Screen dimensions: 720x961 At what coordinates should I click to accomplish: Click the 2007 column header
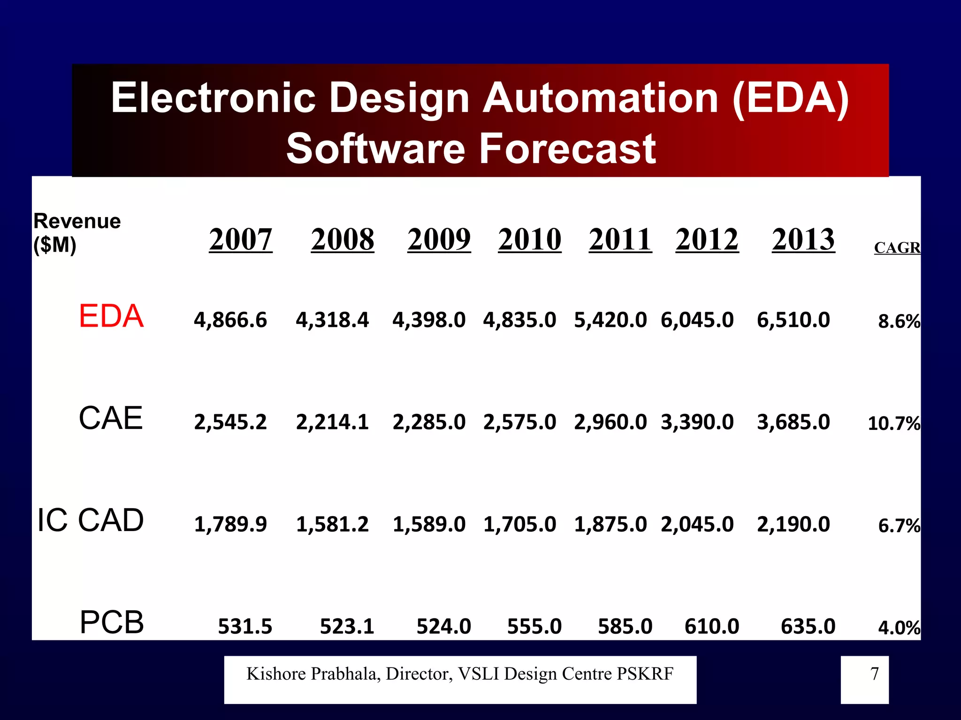240,240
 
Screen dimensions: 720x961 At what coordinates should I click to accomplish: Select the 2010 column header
529,240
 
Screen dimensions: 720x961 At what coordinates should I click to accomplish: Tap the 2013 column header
803,240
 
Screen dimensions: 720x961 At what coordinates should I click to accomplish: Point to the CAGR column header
897,247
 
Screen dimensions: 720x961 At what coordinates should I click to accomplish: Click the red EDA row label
111,316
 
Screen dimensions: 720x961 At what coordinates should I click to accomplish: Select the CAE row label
111,418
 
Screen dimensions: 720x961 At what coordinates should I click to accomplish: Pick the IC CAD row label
91,520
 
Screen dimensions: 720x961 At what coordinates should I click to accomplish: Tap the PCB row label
112,622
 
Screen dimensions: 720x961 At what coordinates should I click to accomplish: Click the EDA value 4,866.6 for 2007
230,320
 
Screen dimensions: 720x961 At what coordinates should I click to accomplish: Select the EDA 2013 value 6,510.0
793,320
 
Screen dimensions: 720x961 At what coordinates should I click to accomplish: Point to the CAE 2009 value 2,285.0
429,422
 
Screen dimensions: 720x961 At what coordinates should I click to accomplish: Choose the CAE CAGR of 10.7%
893,423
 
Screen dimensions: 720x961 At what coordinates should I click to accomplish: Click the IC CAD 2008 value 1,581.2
332,524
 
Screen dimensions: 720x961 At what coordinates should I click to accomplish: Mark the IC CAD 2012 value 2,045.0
697,524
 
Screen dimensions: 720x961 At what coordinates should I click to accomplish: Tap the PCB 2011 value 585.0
625,626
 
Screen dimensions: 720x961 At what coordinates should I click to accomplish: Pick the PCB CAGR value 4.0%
899,628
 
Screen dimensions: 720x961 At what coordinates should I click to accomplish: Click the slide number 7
874,674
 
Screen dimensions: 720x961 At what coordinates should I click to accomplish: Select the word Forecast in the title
567,149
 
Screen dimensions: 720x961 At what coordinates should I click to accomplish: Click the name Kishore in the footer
276,674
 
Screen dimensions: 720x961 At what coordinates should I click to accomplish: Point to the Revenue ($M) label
77,232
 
